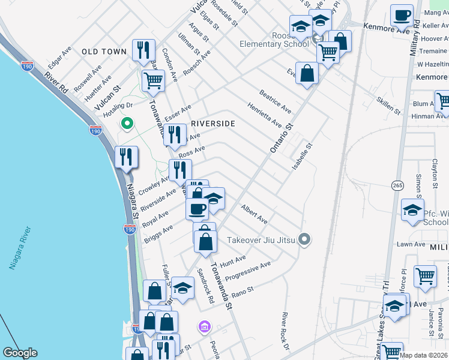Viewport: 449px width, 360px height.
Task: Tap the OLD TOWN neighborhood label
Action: tap(104, 52)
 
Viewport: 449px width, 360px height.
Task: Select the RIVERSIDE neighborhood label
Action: tap(212, 124)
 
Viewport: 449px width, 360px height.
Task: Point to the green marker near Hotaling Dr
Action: tap(127, 124)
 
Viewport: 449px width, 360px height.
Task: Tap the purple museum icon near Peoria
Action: tap(205, 327)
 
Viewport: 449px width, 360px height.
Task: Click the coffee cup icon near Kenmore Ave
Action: tap(402, 15)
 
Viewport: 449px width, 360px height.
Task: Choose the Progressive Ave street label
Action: tap(249, 271)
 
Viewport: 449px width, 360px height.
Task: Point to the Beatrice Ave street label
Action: tap(276, 101)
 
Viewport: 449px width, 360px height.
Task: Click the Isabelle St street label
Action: tap(303, 154)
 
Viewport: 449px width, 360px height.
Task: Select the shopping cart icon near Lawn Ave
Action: tap(425, 277)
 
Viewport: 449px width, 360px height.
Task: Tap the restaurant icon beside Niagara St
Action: tap(126, 157)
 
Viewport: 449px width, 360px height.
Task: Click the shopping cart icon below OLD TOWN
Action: tap(154, 80)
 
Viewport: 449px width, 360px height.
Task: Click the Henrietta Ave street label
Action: tap(265, 114)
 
